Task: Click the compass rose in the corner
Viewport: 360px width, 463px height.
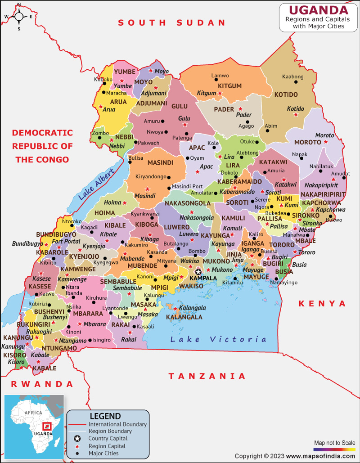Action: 19,17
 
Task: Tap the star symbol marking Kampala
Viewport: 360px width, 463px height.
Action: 198,272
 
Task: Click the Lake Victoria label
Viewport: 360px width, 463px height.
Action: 218,339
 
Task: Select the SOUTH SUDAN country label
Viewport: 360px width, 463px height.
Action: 171,22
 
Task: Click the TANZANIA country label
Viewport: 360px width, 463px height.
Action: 207,376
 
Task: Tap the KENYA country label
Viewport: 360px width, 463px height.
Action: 323,304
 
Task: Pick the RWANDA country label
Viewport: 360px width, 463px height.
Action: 41,384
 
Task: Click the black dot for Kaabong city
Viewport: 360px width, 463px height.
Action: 296,82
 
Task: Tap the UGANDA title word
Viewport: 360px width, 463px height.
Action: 318,10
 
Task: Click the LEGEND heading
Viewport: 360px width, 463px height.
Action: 105,416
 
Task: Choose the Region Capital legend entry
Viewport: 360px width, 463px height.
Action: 107,446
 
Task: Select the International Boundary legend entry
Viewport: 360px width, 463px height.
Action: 117,424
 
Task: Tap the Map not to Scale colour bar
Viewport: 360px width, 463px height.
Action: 334,449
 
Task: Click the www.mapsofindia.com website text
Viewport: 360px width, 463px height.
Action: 320,456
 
